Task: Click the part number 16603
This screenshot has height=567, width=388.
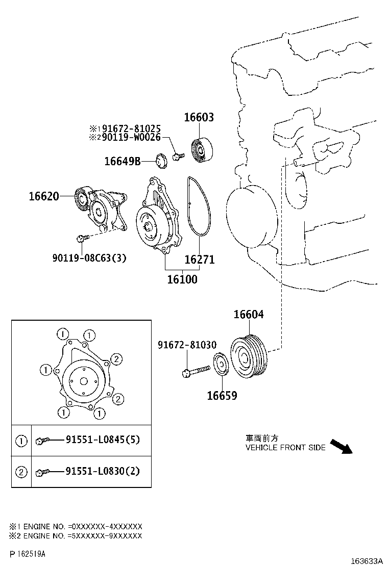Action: [x=199, y=118]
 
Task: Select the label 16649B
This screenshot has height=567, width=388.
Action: [x=122, y=162]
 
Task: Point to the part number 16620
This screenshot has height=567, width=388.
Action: [x=44, y=196]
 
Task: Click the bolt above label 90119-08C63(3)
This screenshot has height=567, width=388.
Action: [x=82, y=238]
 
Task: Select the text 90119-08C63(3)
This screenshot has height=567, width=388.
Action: [x=89, y=259]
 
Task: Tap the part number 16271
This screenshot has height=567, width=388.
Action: [x=199, y=260]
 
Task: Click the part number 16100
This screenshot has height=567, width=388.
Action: [x=182, y=279]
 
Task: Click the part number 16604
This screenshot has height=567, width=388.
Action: [x=249, y=315]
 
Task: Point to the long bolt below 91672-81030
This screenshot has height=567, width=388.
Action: [x=196, y=371]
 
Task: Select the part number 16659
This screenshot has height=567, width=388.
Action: [x=222, y=396]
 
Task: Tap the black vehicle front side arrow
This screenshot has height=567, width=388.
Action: [x=341, y=446]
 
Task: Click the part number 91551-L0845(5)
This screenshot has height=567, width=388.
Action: [x=102, y=440]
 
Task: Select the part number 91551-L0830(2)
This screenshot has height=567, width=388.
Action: [x=102, y=471]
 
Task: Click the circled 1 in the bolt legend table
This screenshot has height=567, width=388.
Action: [x=21, y=441]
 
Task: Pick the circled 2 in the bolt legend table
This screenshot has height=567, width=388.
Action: [x=21, y=472]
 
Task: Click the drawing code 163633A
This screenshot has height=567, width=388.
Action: [x=366, y=560]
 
